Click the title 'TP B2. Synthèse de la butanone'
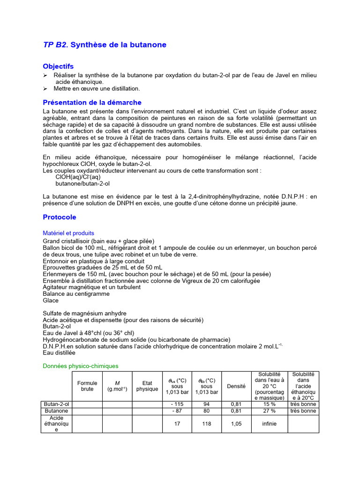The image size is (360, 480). (105, 45)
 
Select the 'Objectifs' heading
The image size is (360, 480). (58, 67)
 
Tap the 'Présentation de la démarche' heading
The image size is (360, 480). (92, 102)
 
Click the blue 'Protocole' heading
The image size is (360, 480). (59, 217)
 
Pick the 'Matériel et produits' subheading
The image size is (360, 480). (68, 233)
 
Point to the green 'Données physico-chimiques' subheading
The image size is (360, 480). (81, 366)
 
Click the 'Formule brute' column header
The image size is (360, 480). (87, 386)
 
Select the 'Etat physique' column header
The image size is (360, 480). (147, 386)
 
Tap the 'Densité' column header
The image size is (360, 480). (236, 386)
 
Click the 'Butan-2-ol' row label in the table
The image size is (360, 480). (56, 404)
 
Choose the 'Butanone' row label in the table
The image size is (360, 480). (56, 411)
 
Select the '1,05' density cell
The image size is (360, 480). (236, 424)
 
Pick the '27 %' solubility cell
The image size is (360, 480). (269, 411)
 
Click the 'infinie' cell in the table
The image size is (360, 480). (269, 424)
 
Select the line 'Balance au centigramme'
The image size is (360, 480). (76, 294)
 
